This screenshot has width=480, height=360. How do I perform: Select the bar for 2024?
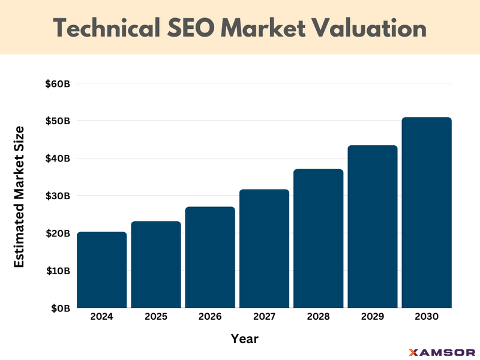[102, 270]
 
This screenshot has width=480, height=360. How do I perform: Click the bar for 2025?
[156, 265]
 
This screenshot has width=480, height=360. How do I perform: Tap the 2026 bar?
[210, 257]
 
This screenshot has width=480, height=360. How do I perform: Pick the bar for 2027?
[264, 249]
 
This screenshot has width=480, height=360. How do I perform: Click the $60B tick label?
[58, 84]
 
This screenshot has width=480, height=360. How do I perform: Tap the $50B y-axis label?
[58, 121]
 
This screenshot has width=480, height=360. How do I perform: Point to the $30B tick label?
[58, 196]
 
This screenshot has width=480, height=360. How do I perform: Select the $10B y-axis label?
[58, 271]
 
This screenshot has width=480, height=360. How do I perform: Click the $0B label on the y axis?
[61, 308]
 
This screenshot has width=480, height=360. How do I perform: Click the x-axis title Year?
[245, 339]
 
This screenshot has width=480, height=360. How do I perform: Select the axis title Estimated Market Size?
[19, 196]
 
